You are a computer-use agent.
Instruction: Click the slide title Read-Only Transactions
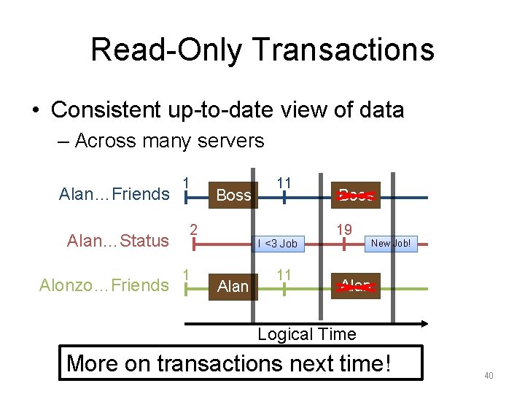(x=262, y=50)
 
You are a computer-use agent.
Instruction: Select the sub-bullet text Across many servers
(x=169, y=140)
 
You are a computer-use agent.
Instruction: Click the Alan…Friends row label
(x=114, y=194)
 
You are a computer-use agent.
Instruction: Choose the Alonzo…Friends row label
(x=104, y=285)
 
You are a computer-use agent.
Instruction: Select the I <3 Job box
(x=278, y=244)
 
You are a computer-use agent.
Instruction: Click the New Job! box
(x=391, y=244)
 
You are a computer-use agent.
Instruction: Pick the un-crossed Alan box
(x=233, y=287)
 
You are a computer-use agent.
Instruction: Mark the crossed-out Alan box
(x=356, y=287)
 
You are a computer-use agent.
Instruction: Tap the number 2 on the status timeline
(x=194, y=230)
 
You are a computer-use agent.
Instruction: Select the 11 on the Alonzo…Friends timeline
(x=284, y=274)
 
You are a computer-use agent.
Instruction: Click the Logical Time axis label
(x=307, y=334)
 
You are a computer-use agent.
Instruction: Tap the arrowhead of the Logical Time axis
(x=424, y=322)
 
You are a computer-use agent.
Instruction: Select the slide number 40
(x=489, y=375)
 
